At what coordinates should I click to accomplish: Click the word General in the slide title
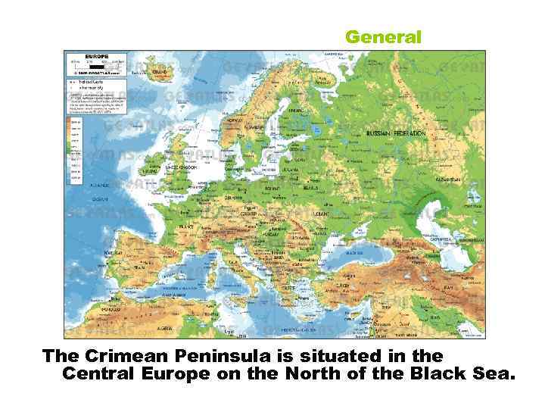click(383, 36)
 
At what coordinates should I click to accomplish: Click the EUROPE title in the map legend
click(96, 55)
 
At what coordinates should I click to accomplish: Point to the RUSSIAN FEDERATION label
click(395, 133)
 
